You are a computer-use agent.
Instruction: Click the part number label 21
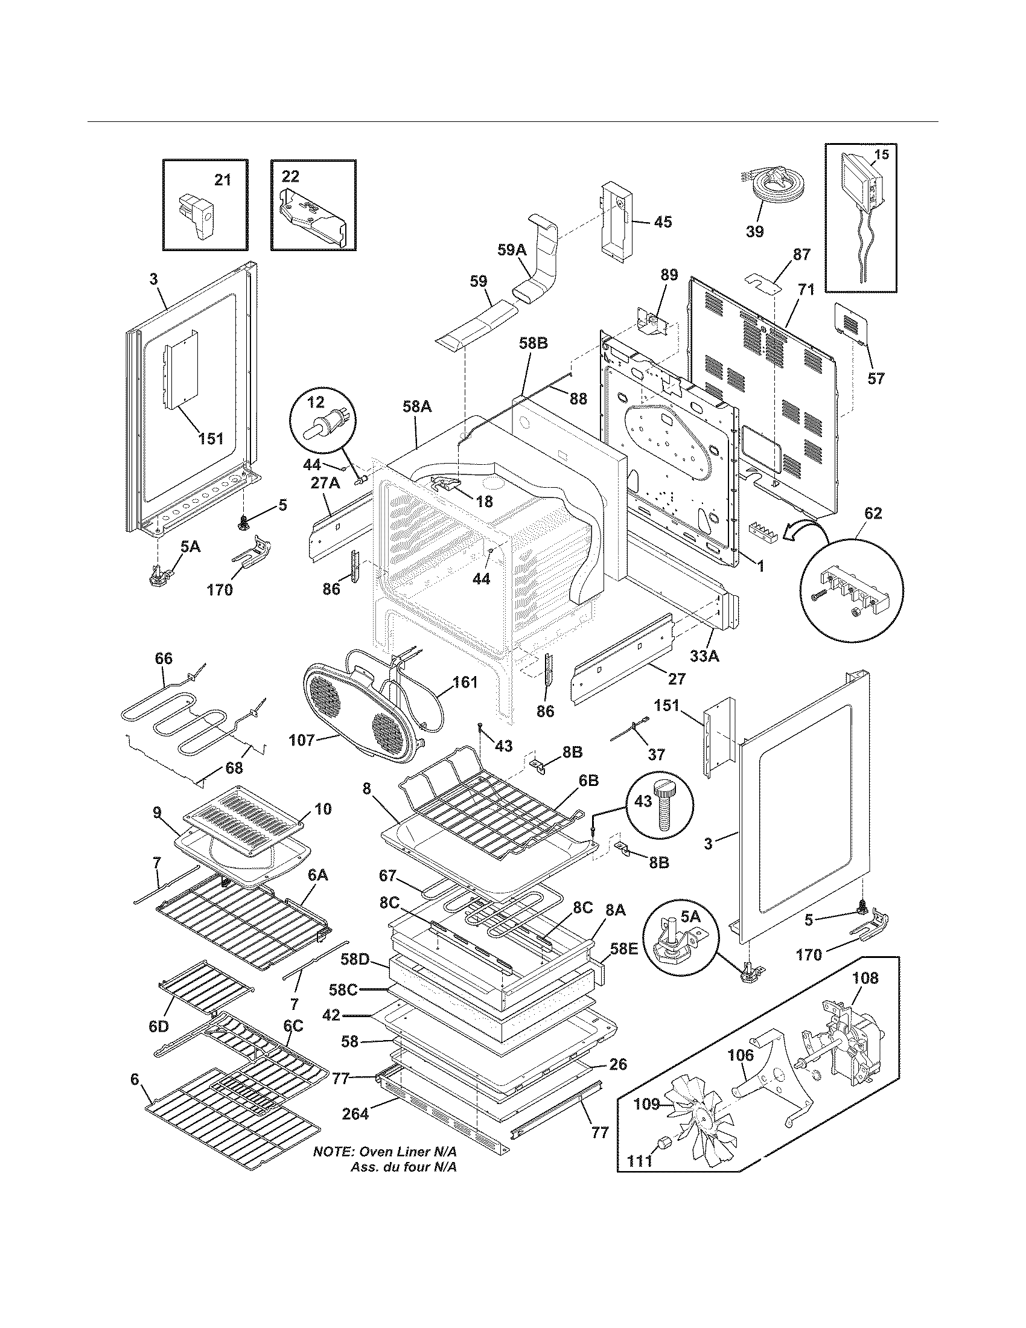pos(223,180)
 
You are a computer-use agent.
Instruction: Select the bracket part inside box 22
pos(311,217)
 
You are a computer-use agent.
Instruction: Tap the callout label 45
pos(663,222)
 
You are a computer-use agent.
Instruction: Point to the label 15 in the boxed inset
pos(881,155)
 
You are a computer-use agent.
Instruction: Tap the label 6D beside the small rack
pos(159,1026)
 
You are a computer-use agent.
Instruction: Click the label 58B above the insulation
pos(534,343)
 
